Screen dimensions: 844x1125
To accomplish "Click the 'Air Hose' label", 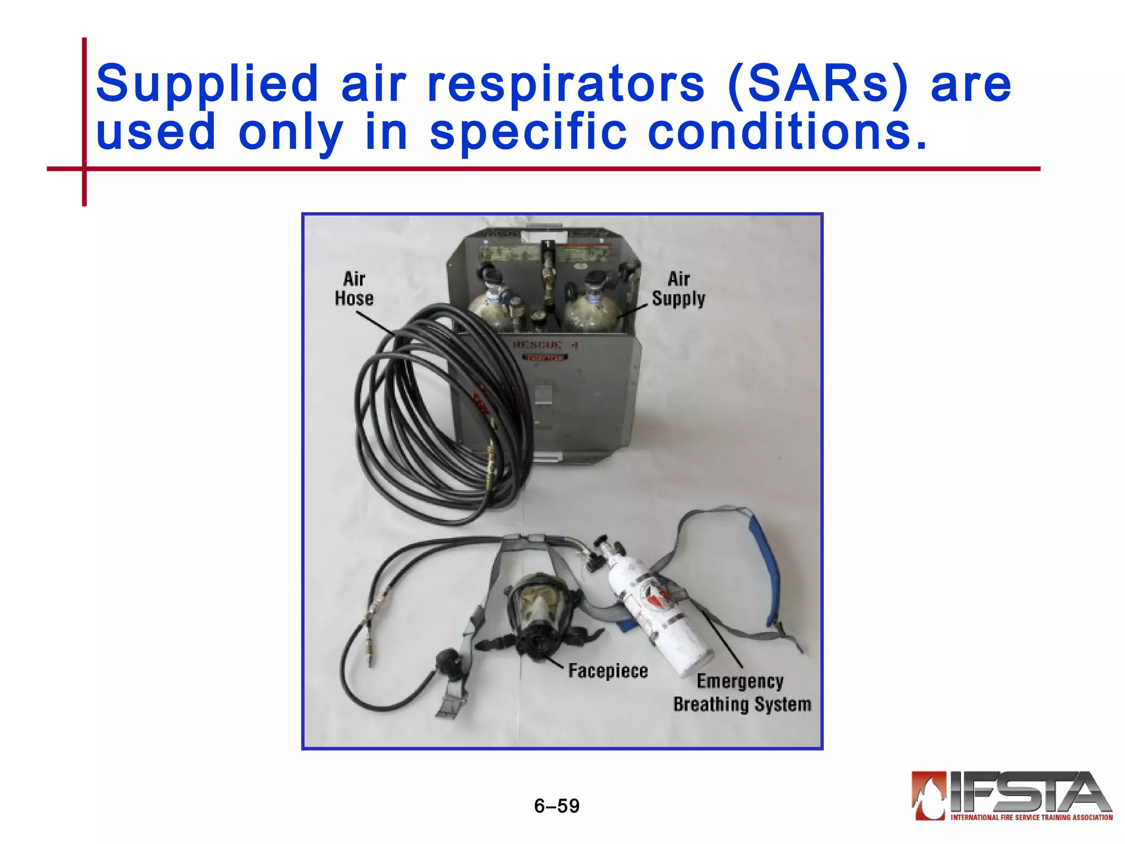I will (354, 288).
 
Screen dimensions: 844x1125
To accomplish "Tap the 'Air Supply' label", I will (678, 288).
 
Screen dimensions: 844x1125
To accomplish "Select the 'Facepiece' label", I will (608, 671).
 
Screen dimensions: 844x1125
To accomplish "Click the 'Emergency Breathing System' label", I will (742, 693).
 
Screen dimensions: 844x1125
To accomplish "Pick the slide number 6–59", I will (556, 806).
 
